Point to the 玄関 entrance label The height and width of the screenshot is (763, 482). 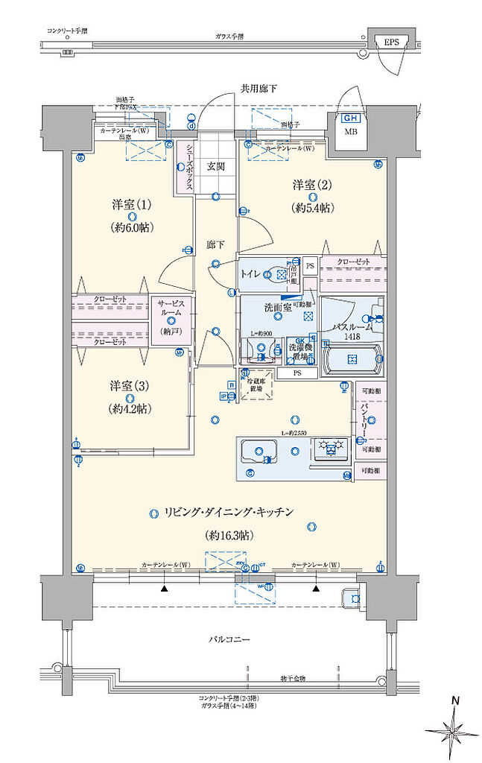coord(216,166)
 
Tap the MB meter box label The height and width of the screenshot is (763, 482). coord(349,133)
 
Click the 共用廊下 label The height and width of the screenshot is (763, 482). coord(259,89)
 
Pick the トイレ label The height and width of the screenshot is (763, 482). coord(251,274)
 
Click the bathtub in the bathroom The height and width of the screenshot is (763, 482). coord(354,361)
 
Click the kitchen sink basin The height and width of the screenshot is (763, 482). coord(258,451)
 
